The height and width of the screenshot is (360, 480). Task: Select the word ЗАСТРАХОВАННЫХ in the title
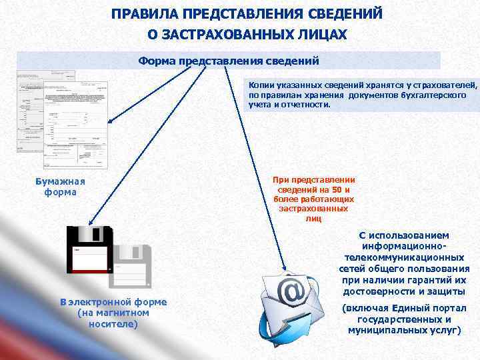[230, 34]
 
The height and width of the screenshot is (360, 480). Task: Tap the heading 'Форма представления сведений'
[229, 61]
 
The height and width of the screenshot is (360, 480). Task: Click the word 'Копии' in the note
[261, 85]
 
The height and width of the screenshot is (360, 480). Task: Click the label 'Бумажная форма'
[60, 187]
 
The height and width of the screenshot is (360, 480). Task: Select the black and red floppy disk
[89, 249]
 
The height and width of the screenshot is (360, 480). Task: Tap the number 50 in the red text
[336, 189]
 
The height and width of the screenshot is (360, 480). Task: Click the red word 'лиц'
[313, 218]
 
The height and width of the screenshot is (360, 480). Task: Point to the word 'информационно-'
[404, 246]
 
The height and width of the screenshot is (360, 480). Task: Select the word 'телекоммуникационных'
[404, 257]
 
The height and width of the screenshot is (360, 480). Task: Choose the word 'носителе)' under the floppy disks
[113, 324]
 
